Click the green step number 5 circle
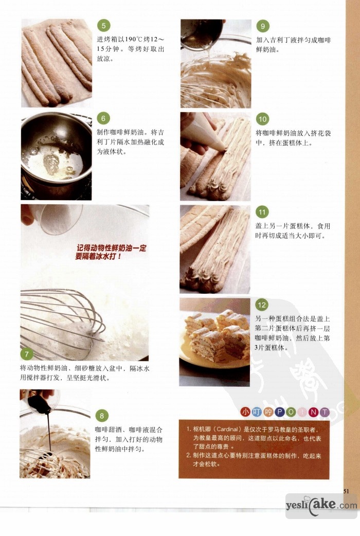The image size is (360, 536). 103,26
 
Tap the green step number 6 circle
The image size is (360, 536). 103,119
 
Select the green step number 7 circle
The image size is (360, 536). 27,354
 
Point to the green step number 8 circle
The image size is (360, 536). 101,416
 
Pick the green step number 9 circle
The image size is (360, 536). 263,26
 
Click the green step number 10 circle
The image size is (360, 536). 262,119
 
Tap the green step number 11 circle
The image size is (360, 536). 262,212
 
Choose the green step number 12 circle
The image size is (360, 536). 262,305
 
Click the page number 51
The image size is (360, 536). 346,491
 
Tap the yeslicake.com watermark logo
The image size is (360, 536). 321,505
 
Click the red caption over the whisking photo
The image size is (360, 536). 111,252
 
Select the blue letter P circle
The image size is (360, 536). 279,412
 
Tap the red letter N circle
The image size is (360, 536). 313,412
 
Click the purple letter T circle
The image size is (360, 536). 325,412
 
